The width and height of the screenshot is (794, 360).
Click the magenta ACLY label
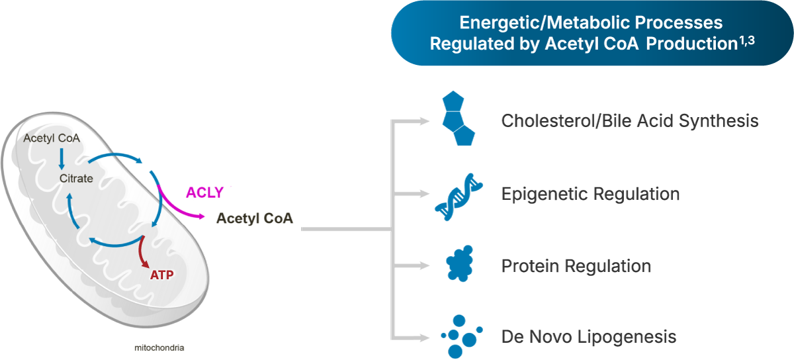[204, 193]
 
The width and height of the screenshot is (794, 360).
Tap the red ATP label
[161, 273]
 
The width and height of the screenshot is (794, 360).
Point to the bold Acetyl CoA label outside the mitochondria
[255, 219]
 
